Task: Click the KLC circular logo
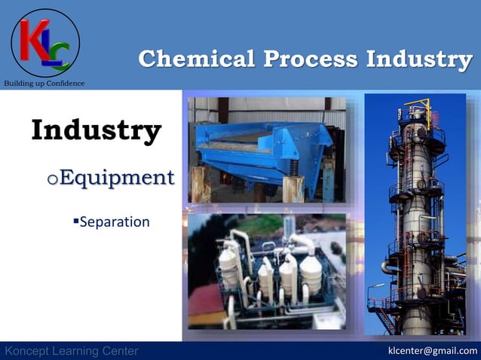pos(45,43)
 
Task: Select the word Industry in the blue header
pos(420,59)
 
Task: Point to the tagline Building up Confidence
pos(44,83)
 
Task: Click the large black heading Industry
pos(96,130)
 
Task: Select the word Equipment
pos(116,178)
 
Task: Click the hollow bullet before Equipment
pos(51,180)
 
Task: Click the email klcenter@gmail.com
pos(432,350)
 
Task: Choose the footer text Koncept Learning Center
pos(72,351)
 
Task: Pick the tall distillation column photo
pos(418,215)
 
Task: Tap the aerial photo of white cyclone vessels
pos(268,271)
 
